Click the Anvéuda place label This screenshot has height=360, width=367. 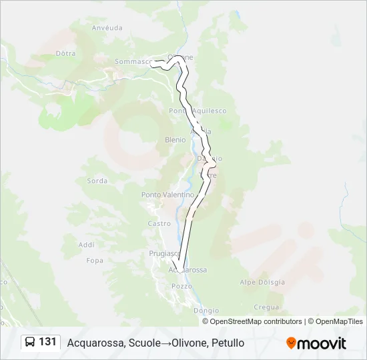pos(107,28)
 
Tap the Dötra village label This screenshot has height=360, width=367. pos(66,53)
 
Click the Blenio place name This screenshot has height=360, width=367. pos(175,140)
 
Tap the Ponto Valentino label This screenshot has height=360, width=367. pos(167,195)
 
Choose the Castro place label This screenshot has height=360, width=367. pos(159,223)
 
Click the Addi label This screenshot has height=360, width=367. pos(86,245)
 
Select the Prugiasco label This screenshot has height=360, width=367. pos(163,253)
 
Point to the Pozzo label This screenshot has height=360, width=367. pos(181,286)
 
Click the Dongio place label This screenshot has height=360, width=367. pos(206,311)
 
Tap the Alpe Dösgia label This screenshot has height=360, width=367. pos(262,282)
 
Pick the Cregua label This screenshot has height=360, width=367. pos(266,307)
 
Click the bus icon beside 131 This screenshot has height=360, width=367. pos(30,342)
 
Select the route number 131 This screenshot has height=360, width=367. pos(47,342)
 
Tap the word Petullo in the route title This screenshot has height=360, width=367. pos(228,343)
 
